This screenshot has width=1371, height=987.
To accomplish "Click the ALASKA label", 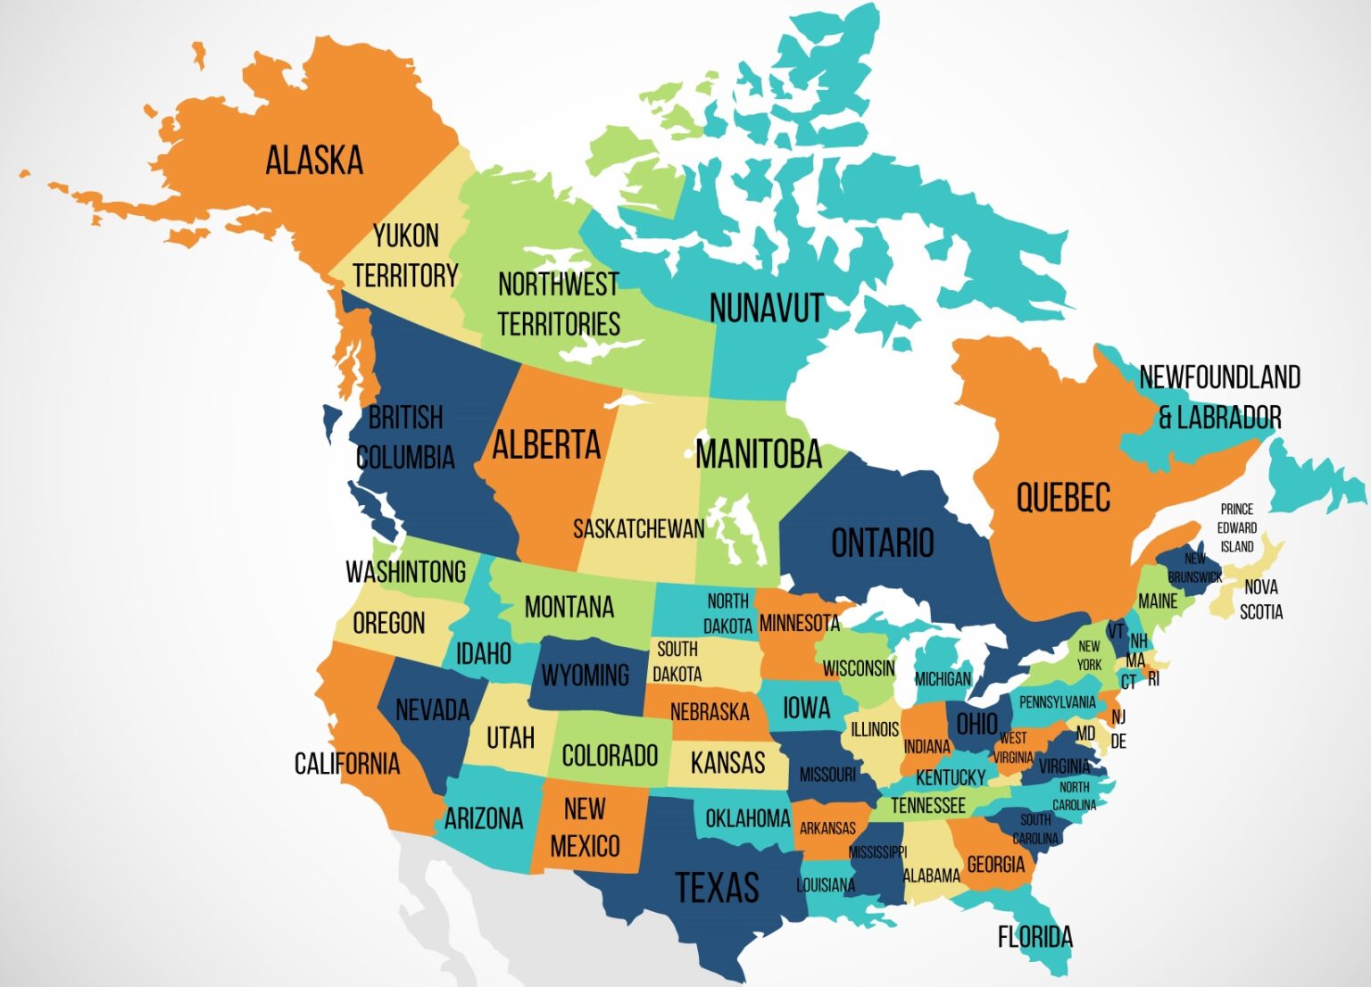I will [x=314, y=161].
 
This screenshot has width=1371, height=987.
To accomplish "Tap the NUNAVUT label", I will [x=766, y=309].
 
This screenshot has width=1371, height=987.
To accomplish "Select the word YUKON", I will [x=406, y=236].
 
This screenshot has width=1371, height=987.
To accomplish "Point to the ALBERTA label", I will [x=546, y=444].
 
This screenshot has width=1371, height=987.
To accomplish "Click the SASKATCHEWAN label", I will [x=638, y=529].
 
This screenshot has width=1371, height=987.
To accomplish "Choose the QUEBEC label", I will [x=1063, y=498].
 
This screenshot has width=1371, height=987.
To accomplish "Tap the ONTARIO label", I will [x=882, y=543].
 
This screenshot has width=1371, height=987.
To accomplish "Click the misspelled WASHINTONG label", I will [x=406, y=572].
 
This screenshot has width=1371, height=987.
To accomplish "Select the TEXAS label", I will [x=717, y=888].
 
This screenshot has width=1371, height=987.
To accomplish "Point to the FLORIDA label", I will [x=1034, y=937].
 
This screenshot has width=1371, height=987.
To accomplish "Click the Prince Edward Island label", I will [x=1237, y=527].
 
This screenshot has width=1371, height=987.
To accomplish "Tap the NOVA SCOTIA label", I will [x=1261, y=600].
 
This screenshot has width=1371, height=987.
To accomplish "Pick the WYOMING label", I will [x=585, y=676].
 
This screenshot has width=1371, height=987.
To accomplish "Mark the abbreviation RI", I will [x=1153, y=679].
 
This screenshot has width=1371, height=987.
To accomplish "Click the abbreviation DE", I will [x=1118, y=742].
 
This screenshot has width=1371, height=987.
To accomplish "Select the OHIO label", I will [x=976, y=724].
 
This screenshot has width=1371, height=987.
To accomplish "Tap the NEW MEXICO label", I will [x=585, y=827].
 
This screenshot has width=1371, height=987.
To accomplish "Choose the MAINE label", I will [x=1158, y=601].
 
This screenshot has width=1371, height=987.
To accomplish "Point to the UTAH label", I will [x=511, y=738].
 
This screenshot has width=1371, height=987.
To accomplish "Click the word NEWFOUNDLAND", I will [x=1219, y=377].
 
